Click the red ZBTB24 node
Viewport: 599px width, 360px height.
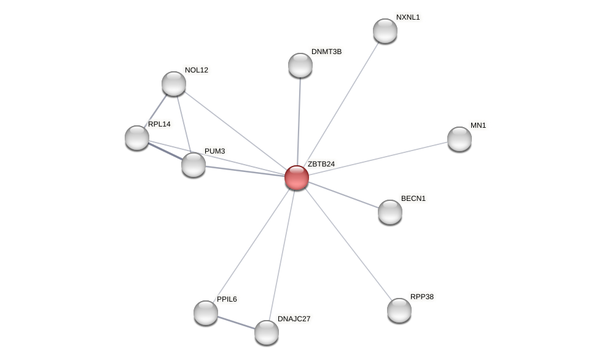point(297,178)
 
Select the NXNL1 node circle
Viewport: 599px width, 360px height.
point(385,31)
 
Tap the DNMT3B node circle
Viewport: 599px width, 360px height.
point(300,65)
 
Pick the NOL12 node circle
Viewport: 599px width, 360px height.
point(174,84)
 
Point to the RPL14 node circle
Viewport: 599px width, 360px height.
point(137,138)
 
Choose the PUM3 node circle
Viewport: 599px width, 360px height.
point(194,165)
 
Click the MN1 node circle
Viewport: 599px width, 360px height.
point(460,139)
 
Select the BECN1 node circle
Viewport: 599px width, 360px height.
point(390,212)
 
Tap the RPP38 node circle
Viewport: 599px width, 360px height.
point(399,310)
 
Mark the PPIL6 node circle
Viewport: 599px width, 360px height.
point(206,313)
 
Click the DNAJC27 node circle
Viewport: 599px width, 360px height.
point(267,332)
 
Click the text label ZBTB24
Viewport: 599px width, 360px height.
point(321,164)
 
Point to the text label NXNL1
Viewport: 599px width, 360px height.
point(408,17)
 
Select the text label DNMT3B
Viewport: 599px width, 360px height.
point(326,52)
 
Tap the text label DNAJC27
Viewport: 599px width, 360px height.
point(294,319)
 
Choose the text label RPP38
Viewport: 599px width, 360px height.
point(422,297)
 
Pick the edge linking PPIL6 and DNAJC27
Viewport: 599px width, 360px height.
point(237,323)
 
